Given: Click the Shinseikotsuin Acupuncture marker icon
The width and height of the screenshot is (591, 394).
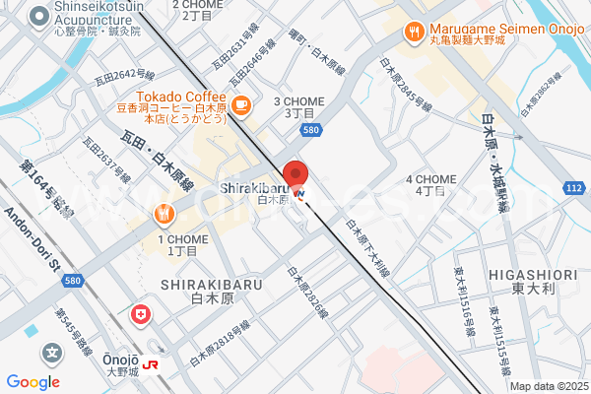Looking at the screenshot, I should click(x=39, y=16).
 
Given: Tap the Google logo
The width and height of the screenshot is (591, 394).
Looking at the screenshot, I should click(x=33, y=382).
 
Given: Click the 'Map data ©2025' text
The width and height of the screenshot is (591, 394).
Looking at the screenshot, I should click(x=547, y=386).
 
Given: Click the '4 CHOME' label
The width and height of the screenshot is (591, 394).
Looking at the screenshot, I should click(x=430, y=178).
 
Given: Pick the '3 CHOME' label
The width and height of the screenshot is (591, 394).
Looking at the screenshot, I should click(x=298, y=101).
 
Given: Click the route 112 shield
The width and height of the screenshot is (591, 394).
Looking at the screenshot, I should click(x=575, y=187).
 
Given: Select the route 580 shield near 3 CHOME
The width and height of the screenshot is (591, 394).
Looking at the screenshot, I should click(x=311, y=129).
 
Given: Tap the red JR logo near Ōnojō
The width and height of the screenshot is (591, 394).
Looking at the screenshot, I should click(x=154, y=363).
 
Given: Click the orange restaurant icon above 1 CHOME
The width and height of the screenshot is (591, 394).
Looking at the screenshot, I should click(x=163, y=214).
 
